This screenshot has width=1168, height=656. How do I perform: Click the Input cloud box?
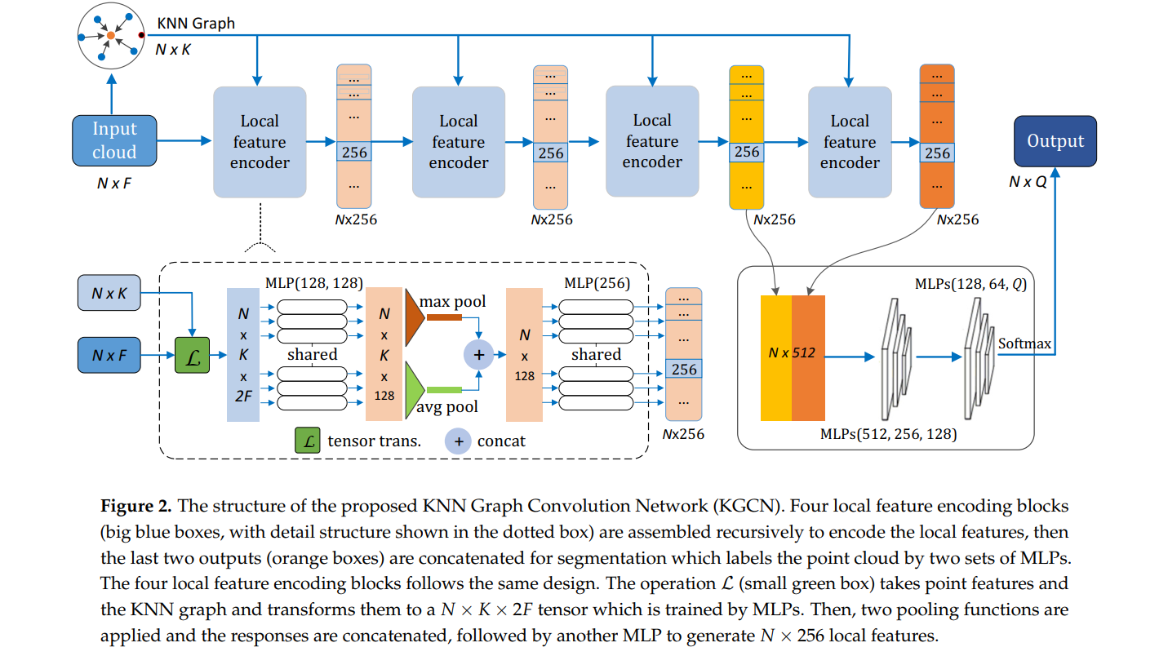tap(114, 140)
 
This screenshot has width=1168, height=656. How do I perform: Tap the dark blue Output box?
tap(1055, 141)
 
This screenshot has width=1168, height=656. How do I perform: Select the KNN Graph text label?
tap(196, 24)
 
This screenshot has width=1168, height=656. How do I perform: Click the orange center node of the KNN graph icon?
tap(111, 35)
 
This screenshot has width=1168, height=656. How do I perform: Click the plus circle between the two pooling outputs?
tap(479, 355)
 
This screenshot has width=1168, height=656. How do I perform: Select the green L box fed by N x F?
tap(193, 355)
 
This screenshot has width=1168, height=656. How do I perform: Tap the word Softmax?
tap(1024, 344)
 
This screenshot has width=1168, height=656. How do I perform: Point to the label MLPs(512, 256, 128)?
tap(888, 433)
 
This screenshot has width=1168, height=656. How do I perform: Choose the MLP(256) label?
tap(597, 282)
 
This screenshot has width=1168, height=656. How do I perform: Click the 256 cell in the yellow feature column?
tap(746, 152)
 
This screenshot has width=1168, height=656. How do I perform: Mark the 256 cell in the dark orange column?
tap(936, 153)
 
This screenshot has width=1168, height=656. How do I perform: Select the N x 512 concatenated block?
tap(793, 357)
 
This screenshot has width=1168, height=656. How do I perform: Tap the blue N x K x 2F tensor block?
tap(243, 355)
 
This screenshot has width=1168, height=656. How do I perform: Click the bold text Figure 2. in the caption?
tap(135, 506)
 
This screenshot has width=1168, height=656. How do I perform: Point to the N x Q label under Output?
tap(1027, 182)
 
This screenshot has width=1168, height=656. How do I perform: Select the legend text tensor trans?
tap(374, 441)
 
